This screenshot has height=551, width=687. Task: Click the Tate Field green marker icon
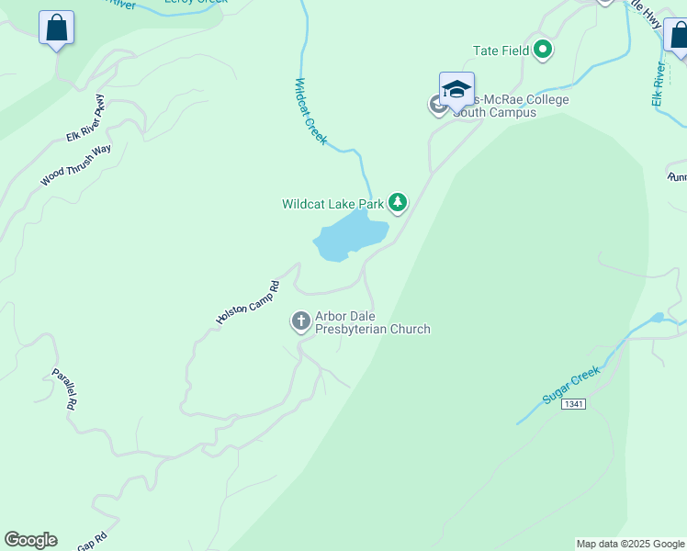click(x=543, y=51)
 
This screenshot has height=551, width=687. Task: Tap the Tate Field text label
click(x=501, y=51)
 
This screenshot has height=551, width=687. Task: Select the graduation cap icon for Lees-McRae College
click(x=456, y=89)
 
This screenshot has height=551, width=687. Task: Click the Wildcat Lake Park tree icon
click(x=397, y=202)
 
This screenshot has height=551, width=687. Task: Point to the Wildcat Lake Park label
click(x=332, y=203)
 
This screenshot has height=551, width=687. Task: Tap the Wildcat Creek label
click(x=310, y=110)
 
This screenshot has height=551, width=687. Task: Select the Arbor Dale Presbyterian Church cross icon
click(x=300, y=321)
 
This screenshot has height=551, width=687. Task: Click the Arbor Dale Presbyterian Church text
click(x=372, y=322)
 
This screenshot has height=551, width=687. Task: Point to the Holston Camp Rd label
click(x=247, y=302)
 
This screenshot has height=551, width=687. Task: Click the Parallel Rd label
click(x=64, y=388)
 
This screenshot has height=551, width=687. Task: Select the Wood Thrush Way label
click(x=75, y=165)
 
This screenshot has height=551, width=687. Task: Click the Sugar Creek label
click(x=570, y=385)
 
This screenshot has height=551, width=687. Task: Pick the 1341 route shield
click(x=575, y=404)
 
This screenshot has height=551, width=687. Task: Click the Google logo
click(x=30, y=540)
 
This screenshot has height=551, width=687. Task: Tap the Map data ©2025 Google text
click(x=629, y=544)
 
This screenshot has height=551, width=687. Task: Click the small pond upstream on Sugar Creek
click(x=656, y=318)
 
